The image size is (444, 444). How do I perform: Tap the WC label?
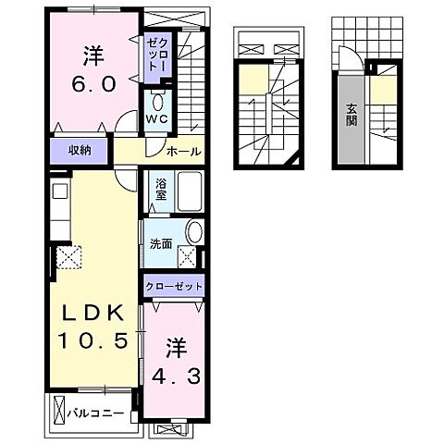click(154, 119)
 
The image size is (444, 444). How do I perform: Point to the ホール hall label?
click(184, 151)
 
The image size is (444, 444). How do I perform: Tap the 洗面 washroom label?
click(161, 244)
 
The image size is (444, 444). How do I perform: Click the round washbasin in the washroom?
click(195, 232)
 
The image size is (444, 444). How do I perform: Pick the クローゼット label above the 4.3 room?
click(174, 287)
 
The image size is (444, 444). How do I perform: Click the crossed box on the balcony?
click(60, 409)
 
